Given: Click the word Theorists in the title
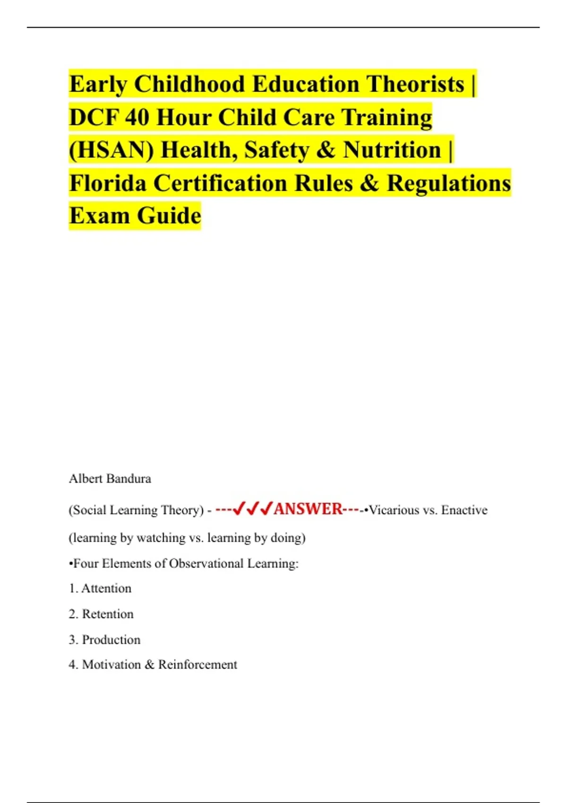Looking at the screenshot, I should pyautogui.click(x=415, y=84).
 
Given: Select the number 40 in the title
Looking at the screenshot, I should pyautogui.click(x=137, y=117).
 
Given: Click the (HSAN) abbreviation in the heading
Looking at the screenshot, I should pyautogui.click(x=112, y=150).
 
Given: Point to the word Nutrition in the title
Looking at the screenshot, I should pyautogui.click(x=392, y=150).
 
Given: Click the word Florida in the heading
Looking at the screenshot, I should pyautogui.click(x=108, y=183).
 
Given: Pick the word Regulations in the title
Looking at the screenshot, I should pyautogui.click(x=448, y=183).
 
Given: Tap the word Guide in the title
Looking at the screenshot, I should pyautogui.click(x=169, y=216).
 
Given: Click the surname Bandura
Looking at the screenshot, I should pyautogui.click(x=129, y=478).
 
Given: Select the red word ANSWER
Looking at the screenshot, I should pyautogui.click(x=308, y=509).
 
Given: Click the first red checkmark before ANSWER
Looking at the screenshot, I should pyautogui.click(x=239, y=509).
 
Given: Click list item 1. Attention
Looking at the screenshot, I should pyautogui.click(x=100, y=589).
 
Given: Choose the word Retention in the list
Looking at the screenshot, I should pyautogui.click(x=108, y=614).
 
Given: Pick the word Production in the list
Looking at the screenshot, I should pyautogui.click(x=111, y=640).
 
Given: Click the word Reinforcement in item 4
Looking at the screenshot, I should pyautogui.click(x=198, y=665).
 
